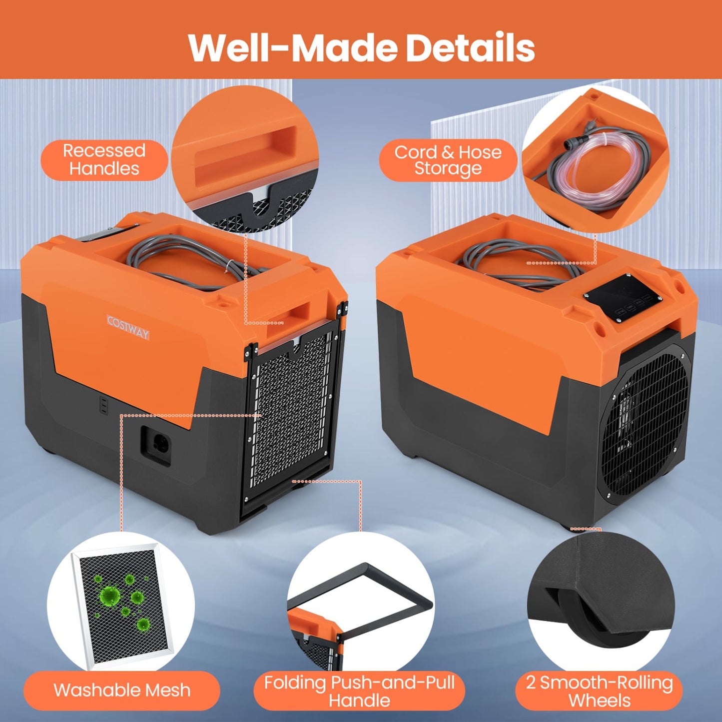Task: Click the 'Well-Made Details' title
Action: [x=361, y=47]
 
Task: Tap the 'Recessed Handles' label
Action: [x=104, y=160]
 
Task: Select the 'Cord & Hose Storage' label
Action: [x=448, y=160]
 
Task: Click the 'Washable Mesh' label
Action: [x=122, y=690]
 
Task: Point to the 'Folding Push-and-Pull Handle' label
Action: [x=359, y=691]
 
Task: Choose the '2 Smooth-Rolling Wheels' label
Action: [x=599, y=691]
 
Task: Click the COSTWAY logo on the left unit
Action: [x=128, y=328]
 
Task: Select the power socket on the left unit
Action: [x=159, y=444]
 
